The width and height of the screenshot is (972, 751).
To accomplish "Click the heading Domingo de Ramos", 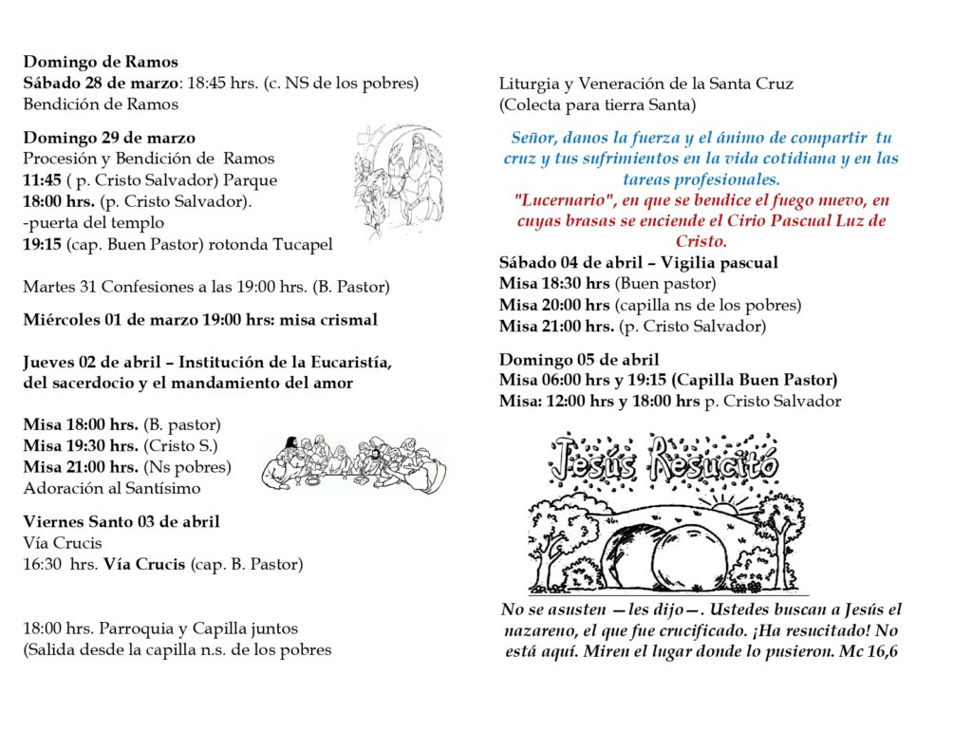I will [x=101, y=63].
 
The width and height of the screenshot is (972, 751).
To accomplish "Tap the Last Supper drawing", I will [x=353, y=464].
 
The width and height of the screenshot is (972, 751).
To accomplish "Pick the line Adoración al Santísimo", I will [x=112, y=489].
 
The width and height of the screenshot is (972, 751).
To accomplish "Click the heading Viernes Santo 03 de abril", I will [x=121, y=522].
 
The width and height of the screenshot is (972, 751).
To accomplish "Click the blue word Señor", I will [x=534, y=138].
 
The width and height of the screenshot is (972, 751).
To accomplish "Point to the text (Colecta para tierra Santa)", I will [x=597, y=104].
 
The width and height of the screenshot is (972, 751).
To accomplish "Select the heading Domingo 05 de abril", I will [x=579, y=360].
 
